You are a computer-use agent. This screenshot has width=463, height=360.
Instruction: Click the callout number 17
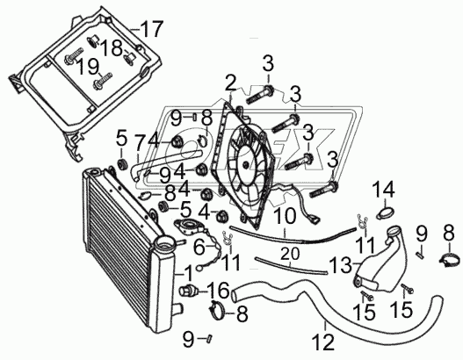[151, 29]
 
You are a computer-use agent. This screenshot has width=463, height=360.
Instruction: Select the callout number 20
[290, 253]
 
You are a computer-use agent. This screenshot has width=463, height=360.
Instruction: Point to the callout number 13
[341, 264]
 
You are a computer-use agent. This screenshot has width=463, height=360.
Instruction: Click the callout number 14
[384, 190]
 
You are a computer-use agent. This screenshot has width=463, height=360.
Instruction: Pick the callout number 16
[218, 290]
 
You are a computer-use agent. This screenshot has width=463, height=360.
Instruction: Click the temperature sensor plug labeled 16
[185, 291]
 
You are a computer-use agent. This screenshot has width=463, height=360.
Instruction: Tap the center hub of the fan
[246, 164]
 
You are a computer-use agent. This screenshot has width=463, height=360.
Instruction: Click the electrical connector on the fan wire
[315, 219]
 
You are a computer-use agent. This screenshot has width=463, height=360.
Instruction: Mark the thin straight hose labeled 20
[291, 266]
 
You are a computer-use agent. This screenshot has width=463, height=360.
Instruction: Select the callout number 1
[188, 273]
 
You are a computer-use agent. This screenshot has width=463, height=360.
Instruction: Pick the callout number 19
[88, 68]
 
